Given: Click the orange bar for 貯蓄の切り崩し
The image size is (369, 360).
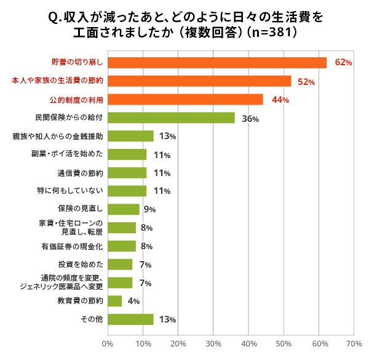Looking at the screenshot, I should coord(217,63).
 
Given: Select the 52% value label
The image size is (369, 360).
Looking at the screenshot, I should coord(306,82).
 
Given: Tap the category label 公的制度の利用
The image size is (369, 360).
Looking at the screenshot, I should coord(76,100).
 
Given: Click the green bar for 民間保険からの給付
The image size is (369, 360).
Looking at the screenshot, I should coord(171,118).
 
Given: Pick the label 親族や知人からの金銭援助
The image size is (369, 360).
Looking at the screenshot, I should coord(61,136).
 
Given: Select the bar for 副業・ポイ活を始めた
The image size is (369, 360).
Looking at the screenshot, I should coord(127,154).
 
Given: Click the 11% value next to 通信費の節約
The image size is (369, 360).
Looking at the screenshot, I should coord(162,174).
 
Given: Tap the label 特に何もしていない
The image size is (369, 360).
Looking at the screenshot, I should coord(69,191).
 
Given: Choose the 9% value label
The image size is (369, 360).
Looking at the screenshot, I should coord(149,210).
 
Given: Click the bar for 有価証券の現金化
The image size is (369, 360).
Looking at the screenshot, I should coord(122,246).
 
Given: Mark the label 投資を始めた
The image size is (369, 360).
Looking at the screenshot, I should coord(81,264).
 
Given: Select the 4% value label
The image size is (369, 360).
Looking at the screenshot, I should coord(133,302).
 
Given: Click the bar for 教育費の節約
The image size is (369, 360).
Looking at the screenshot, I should coord(114,301).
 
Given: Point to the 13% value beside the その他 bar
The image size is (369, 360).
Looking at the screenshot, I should coord(168,320).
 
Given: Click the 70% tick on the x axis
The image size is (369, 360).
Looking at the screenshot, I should coord(354,343).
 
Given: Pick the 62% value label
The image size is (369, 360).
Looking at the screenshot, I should coord(343,63).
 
